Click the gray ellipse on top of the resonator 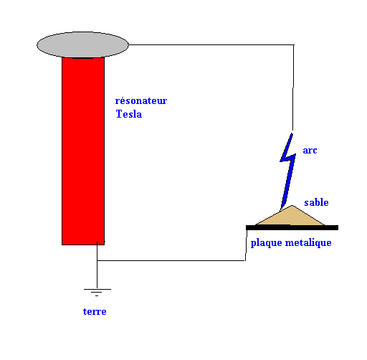[82, 44]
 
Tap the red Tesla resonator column [83, 151]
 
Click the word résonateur [141, 100]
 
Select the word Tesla [129, 114]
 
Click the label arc [310, 151]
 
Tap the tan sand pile [290, 217]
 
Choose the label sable [316, 202]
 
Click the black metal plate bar [292, 227]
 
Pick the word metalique [308, 243]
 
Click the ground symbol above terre [97, 293]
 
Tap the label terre [95, 312]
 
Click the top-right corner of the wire [294, 44]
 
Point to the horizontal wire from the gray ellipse [211, 44]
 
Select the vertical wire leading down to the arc [293, 87]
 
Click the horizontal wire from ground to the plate [171, 260]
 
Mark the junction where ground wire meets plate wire [97, 260]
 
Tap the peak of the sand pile [292, 205]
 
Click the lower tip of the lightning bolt [281, 209]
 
